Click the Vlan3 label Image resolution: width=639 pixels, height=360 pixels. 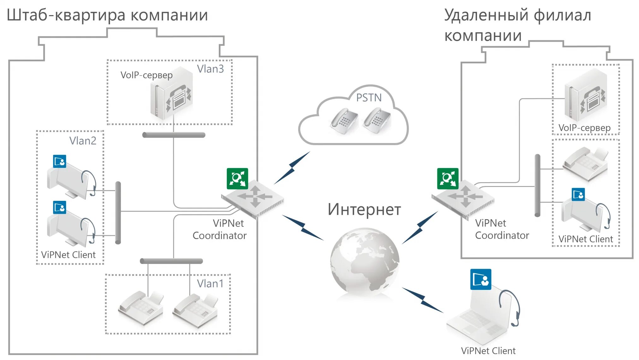click(210, 69)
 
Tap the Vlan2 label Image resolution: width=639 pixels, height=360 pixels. click(83, 141)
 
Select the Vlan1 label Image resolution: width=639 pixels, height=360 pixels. click(210, 284)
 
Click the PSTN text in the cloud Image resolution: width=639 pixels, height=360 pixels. click(369, 98)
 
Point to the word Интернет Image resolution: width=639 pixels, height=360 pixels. click(364, 210)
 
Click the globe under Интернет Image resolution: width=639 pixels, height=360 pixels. click(365, 261)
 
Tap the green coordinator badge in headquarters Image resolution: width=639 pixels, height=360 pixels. click(237, 179)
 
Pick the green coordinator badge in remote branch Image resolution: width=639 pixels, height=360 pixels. click(448, 179)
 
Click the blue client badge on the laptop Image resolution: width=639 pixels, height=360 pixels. click(481, 279)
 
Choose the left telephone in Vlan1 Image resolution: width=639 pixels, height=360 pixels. click(141, 308)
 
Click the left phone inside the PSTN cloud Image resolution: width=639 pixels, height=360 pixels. click(344, 121)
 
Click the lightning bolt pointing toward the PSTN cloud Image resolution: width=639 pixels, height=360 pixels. click(292, 168)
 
